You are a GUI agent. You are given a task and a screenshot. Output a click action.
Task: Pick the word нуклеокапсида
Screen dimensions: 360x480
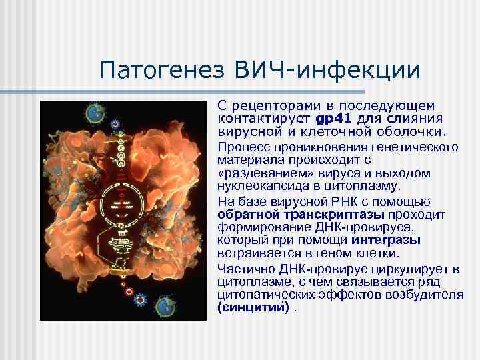tap(255, 186)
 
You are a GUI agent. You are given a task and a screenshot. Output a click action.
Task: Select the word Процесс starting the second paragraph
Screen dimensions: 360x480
tap(239, 147)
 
